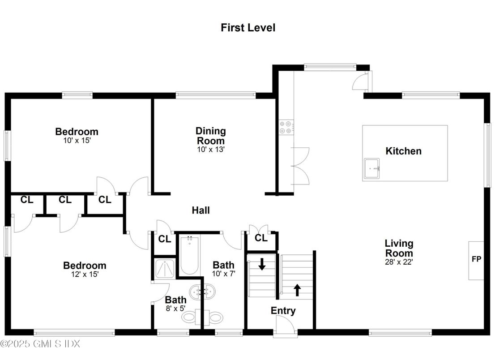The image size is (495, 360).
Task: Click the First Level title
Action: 247,28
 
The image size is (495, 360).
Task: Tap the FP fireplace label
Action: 476,259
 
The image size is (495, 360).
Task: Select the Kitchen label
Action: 403,151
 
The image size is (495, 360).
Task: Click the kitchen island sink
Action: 371,168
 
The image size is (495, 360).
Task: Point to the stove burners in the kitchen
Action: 286,128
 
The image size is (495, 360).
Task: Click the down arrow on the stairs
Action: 262,264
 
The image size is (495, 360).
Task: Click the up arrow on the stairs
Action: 297,290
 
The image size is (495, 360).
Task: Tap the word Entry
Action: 283,311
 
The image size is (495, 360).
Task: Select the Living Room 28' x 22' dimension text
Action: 399,262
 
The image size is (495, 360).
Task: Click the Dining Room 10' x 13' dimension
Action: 210,150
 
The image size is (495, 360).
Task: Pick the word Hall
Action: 201,210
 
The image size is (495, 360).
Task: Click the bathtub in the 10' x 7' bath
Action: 190,255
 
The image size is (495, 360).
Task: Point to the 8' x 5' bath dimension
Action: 175,308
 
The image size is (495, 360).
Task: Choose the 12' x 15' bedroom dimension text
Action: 85,274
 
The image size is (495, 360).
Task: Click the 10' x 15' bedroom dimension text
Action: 77,140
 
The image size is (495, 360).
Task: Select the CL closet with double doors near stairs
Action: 261,238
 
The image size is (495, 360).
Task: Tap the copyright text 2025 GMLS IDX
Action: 40,344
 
